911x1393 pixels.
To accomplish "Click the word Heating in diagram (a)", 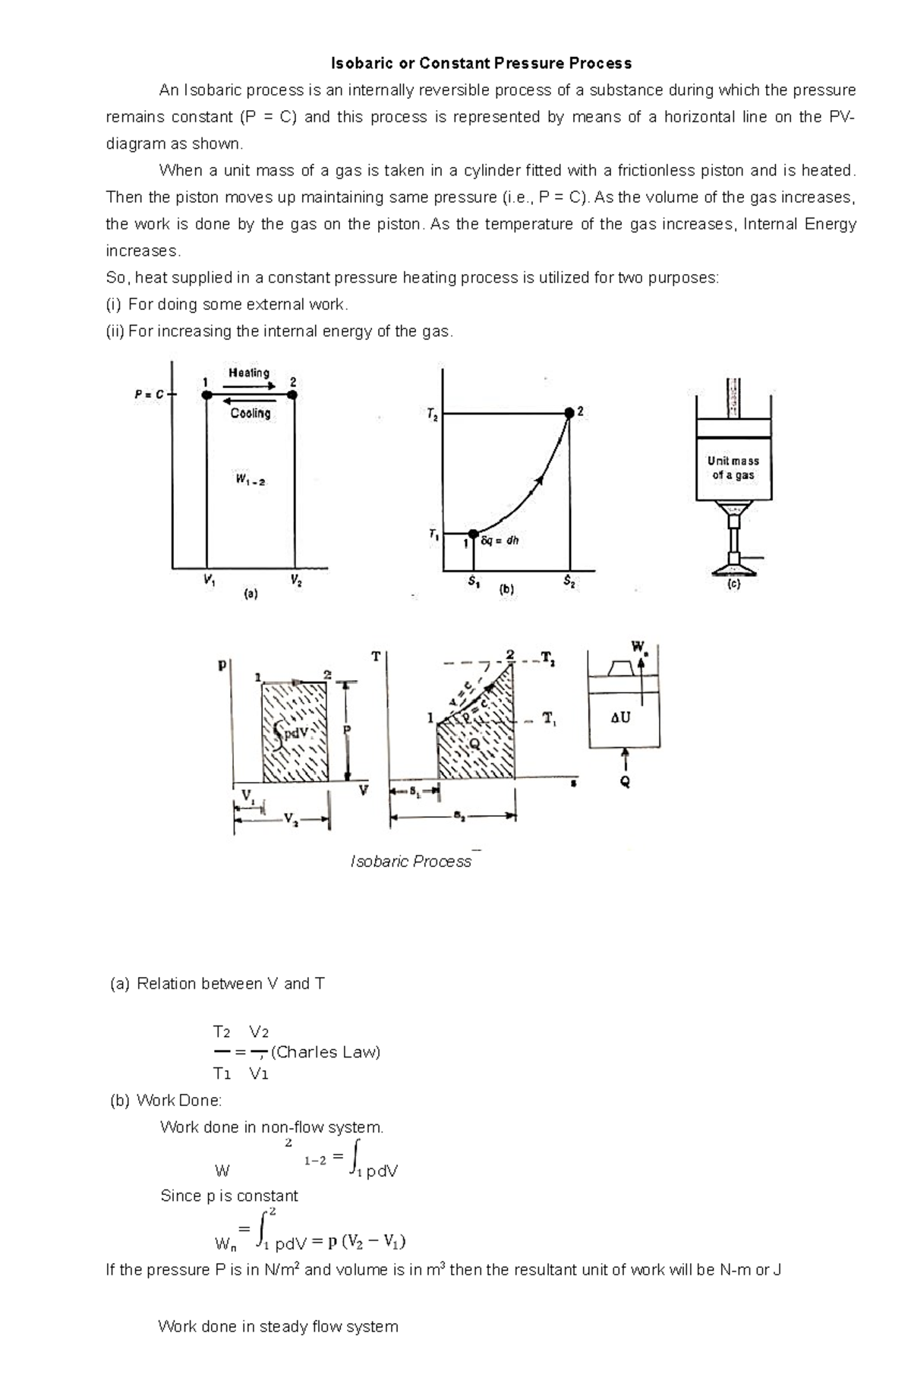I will point(249,373).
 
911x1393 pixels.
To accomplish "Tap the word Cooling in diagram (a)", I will point(251,413).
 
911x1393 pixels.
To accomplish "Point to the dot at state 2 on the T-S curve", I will point(569,412).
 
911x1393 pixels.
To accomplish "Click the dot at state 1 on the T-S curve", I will point(473,534).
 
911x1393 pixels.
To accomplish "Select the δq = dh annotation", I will point(500,541).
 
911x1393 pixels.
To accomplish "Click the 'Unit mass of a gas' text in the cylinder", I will point(733,468).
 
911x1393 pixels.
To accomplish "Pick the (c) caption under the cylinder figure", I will point(733,585).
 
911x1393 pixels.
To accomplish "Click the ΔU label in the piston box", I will point(620,717).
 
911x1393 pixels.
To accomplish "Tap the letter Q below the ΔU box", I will point(625,783).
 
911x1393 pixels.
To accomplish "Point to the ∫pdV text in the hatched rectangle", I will point(292,733).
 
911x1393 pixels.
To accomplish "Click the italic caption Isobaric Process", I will point(411,862).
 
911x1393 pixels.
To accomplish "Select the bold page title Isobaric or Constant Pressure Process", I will point(481,62).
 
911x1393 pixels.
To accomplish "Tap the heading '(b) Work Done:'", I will point(166,1101).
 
